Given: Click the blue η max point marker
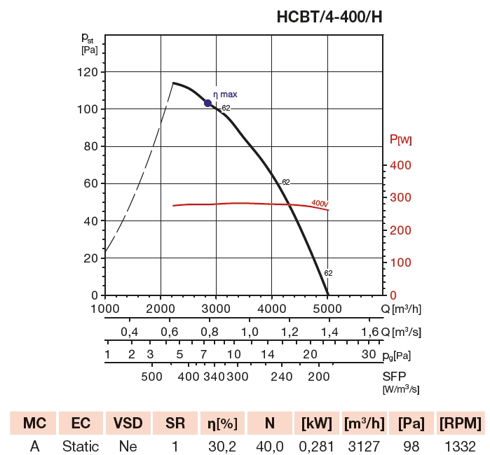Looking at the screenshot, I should (207, 103).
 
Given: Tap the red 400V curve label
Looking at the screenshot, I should (320, 204).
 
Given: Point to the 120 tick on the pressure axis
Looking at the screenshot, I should (88, 72).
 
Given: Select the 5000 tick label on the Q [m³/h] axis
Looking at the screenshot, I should (327, 308).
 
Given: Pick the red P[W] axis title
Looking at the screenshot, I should (400, 140).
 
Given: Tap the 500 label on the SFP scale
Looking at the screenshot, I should (151, 377).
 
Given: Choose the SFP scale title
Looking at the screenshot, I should (395, 377).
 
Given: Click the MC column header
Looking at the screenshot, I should (34, 423).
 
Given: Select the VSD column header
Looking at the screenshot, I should (128, 423).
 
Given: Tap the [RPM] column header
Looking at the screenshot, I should (459, 423).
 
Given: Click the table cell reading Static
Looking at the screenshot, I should (81, 446).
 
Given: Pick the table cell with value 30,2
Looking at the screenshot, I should (222, 446).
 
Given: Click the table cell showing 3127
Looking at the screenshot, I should (364, 446).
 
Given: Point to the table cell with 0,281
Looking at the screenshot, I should (316, 446).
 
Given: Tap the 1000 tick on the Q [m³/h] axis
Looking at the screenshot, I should (104, 308).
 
